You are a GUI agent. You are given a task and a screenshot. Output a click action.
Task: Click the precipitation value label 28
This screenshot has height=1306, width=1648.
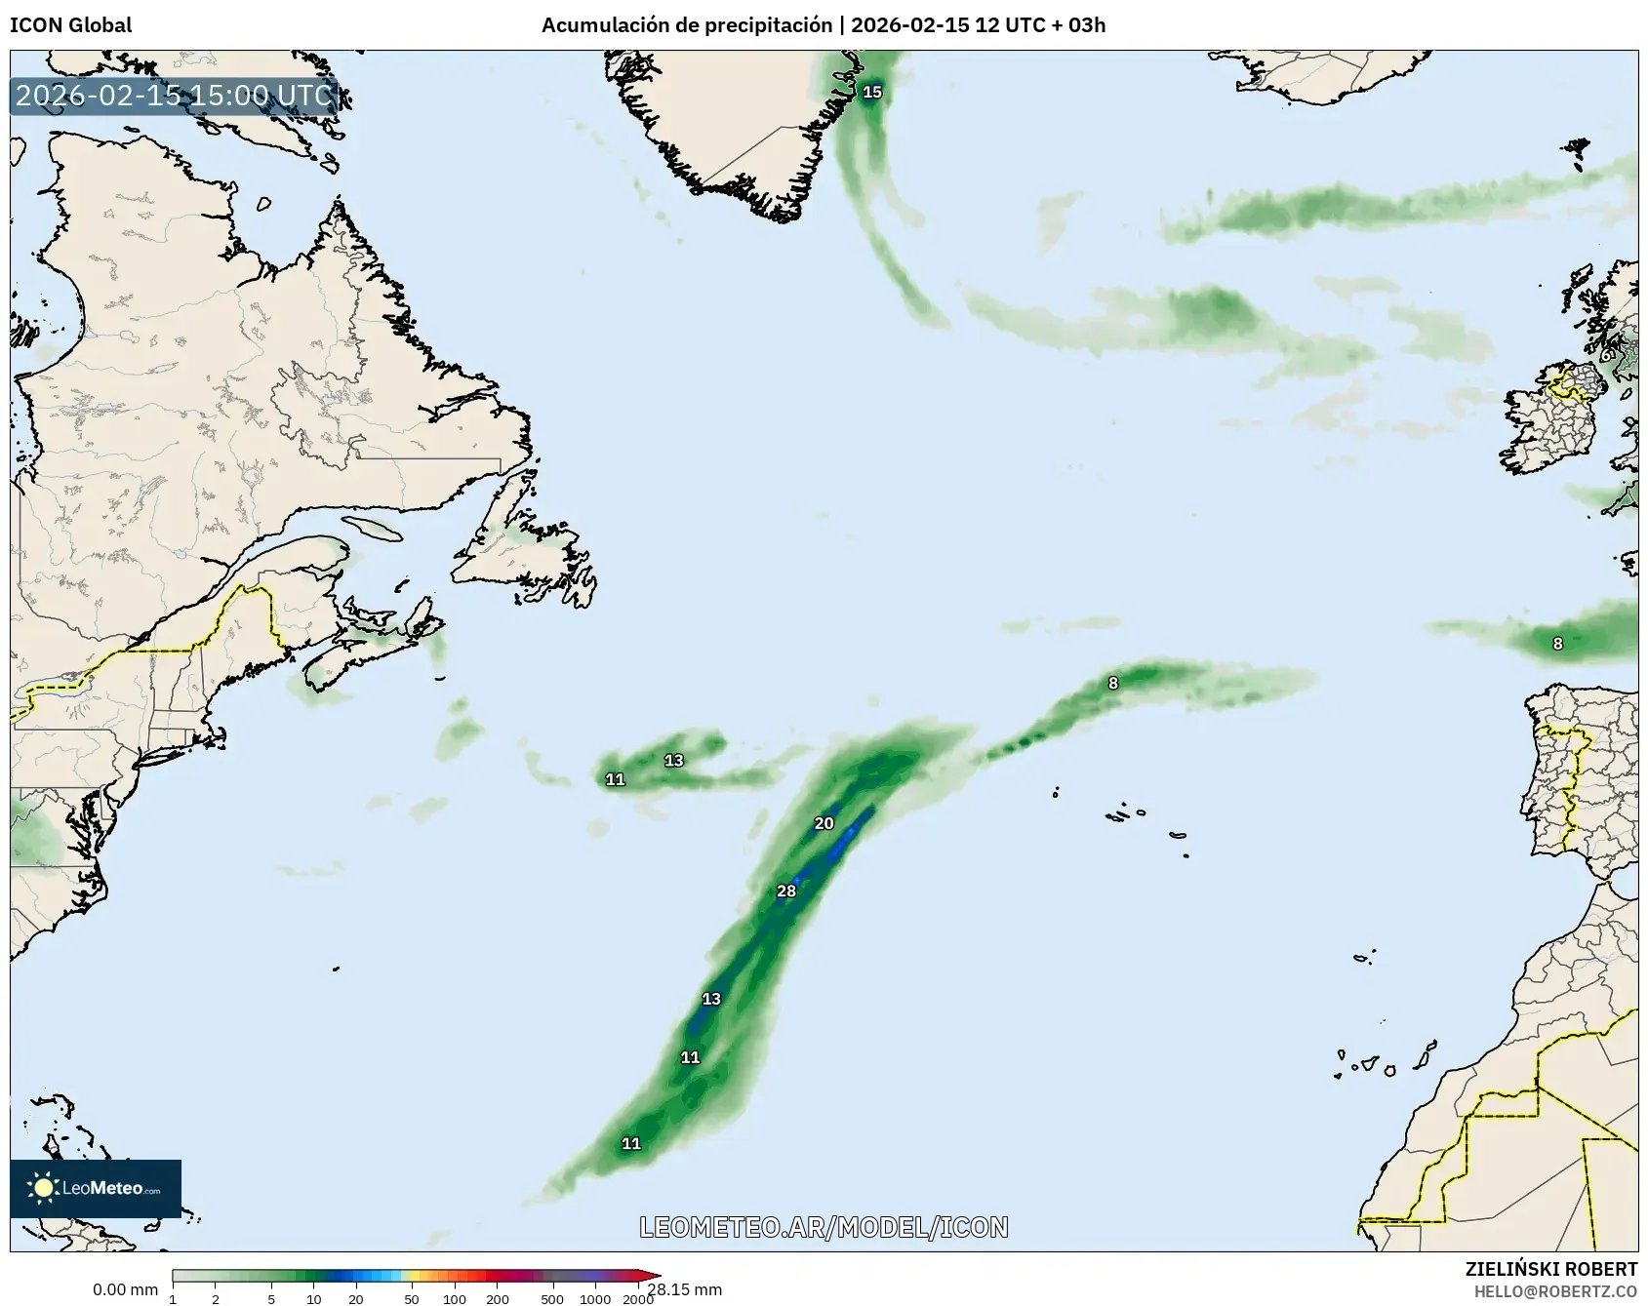click(x=786, y=890)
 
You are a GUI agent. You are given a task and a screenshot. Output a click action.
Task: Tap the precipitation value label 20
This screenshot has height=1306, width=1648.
click(x=824, y=823)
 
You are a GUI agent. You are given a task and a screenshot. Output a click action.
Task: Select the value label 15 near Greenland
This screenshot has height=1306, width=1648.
click(x=872, y=93)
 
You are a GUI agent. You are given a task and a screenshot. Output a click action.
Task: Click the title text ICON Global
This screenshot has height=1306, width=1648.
click(x=70, y=25)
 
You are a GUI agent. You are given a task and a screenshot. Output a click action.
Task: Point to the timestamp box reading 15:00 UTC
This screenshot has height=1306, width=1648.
click(x=175, y=96)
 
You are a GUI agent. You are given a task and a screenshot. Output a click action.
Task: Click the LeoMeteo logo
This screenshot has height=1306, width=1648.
click(x=96, y=1188)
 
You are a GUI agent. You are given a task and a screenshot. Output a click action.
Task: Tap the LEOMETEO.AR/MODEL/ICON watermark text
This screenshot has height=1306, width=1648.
click(x=824, y=1227)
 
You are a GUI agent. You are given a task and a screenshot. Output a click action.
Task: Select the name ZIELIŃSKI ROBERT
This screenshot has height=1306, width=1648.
click(x=1551, y=1269)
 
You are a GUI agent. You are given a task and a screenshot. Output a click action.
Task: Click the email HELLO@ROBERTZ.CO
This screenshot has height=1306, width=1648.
click(x=1555, y=1291)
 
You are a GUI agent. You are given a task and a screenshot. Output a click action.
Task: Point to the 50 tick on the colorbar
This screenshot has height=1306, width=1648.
click(x=412, y=1298)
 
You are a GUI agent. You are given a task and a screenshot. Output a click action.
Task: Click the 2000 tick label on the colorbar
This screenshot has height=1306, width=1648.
click(x=638, y=1298)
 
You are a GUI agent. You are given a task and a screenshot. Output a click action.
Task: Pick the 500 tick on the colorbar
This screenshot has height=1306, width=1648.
click(x=552, y=1298)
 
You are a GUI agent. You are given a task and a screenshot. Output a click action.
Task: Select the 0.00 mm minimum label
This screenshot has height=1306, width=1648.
click(x=125, y=1289)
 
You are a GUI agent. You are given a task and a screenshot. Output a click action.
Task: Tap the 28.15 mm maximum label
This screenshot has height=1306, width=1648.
click(x=685, y=1289)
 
